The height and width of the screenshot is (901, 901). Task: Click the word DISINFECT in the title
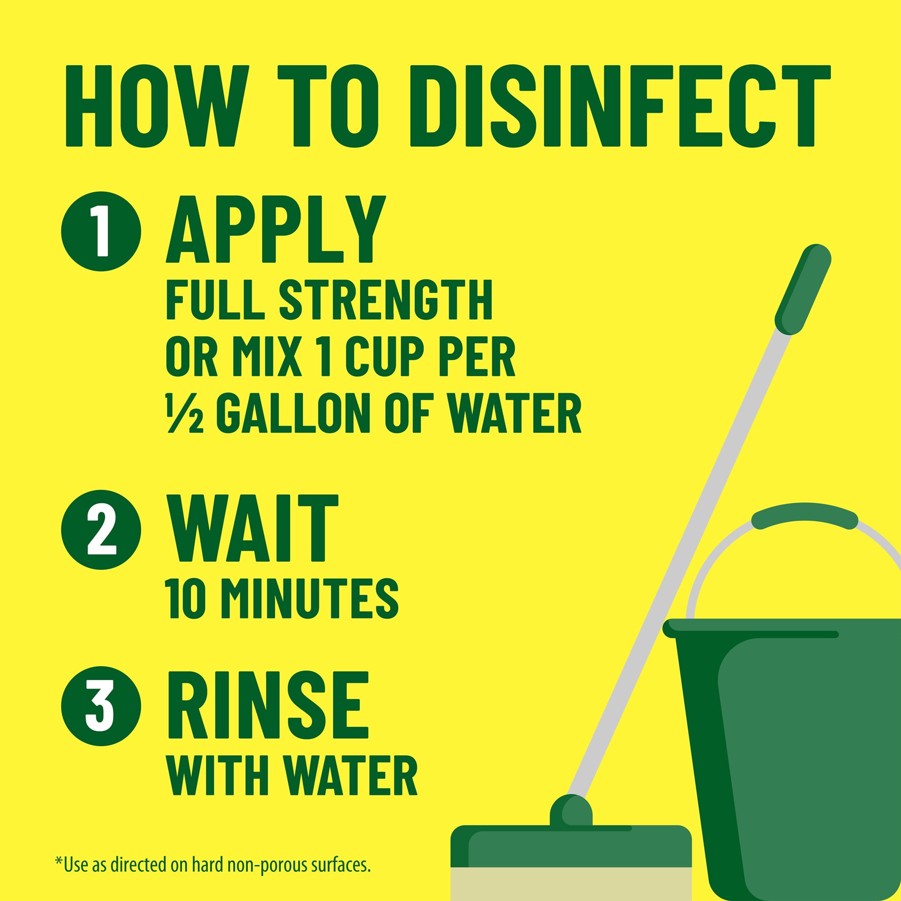tap(620, 107)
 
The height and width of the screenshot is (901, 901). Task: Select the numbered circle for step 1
tap(101, 231)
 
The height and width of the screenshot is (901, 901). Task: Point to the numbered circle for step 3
tap(101, 706)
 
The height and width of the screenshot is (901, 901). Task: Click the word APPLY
tap(276, 230)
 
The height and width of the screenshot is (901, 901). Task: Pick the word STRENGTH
tap(386, 300)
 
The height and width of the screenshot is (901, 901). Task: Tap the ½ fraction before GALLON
tap(184, 414)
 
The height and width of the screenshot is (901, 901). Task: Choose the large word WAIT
tap(252, 528)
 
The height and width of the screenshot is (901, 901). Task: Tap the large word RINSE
tap(267, 705)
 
